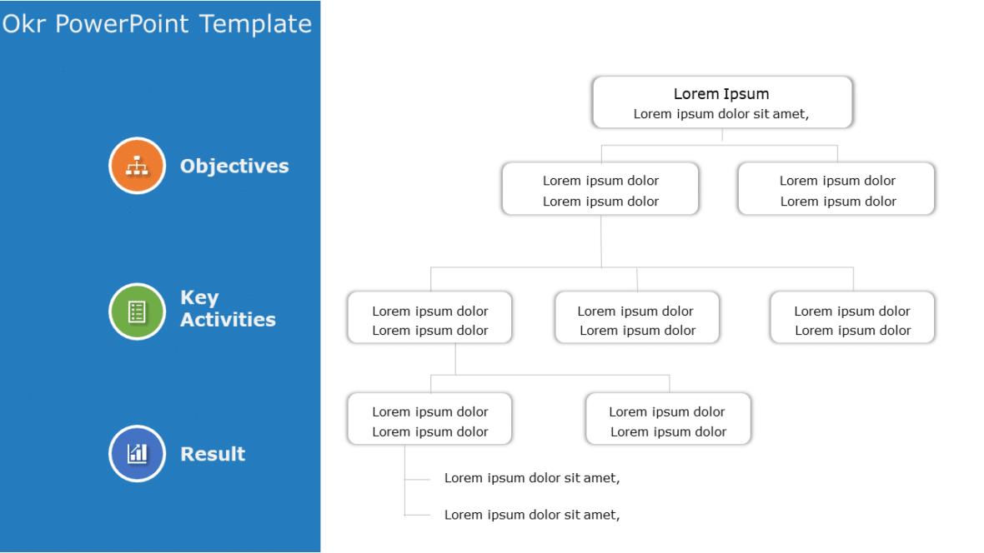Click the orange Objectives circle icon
[137, 166]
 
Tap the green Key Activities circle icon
[137, 311]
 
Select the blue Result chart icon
[137, 453]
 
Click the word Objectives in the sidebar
[234, 166]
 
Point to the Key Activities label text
[227, 309]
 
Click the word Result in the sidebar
[213, 454]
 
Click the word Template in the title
[255, 23]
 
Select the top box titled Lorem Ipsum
[721, 102]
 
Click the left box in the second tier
[600, 190]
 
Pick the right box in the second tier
[836, 190]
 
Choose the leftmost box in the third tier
[429, 318]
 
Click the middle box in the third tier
[636, 318]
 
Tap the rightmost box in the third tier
[851, 318]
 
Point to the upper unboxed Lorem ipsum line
[531, 478]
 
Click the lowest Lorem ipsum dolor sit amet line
[531, 515]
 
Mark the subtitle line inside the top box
[720, 114]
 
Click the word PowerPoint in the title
[123, 23]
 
